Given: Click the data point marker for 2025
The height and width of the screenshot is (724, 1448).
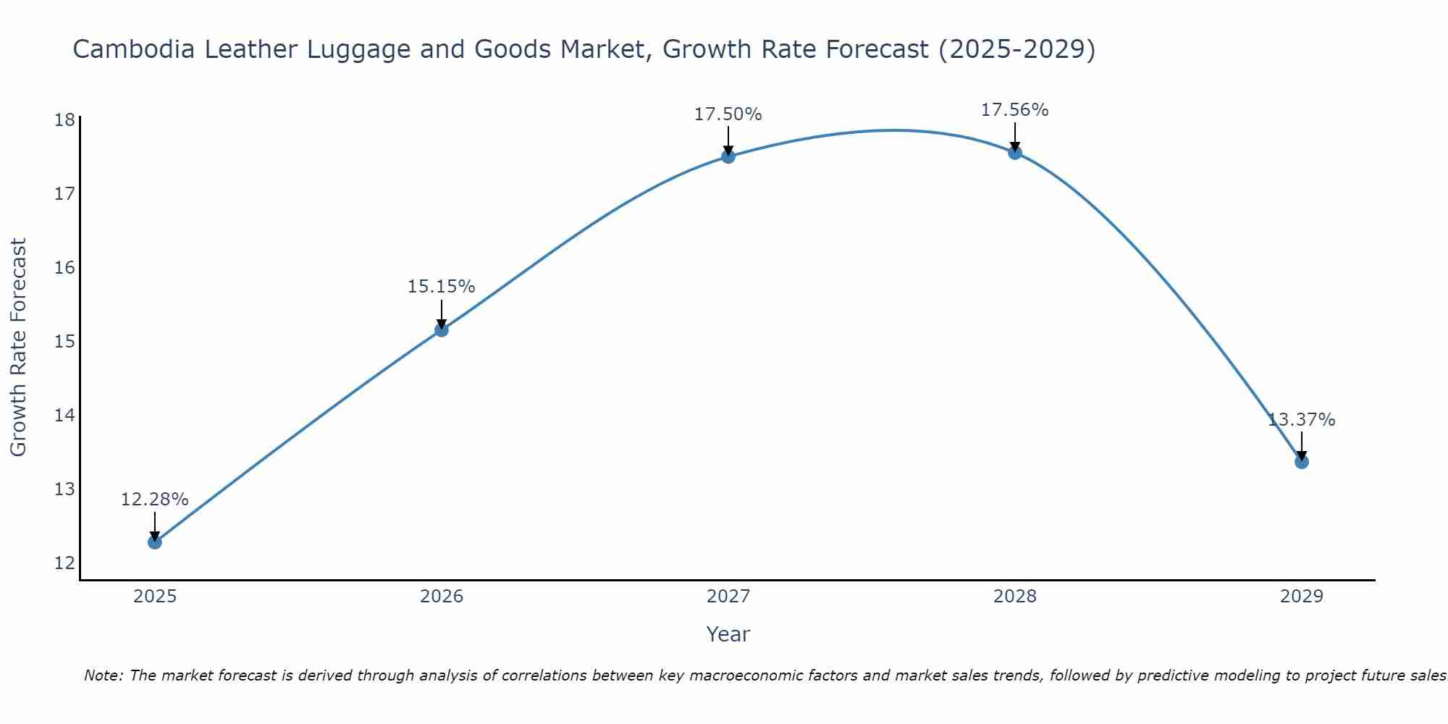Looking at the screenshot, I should click(x=154, y=542).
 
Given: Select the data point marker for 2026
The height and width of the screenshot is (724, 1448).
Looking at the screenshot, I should click(x=441, y=330).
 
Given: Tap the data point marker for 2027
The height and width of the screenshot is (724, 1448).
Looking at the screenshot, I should click(x=728, y=156).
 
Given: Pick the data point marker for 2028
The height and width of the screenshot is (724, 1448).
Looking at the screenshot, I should click(x=1015, y=152).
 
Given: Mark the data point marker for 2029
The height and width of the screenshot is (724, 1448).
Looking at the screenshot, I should click(x=1301, y=461).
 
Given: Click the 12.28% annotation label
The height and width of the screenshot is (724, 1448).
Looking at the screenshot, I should click(x=154, y=500).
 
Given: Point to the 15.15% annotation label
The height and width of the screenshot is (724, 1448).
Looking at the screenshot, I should click(x=441, y=287).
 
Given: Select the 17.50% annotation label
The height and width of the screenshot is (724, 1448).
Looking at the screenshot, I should click(x=728, y=114).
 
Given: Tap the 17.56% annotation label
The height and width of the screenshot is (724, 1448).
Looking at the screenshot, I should click(x=1015, y=110).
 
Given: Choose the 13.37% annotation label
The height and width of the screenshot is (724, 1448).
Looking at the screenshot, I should click(x=1301, y=420).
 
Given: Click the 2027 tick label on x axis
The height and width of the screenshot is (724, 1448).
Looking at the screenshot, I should click(x=728, y=597).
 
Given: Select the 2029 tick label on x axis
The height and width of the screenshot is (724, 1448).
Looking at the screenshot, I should click(x=1301, y=597).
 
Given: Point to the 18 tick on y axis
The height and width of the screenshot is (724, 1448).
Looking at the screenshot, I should click(x=64, y=119).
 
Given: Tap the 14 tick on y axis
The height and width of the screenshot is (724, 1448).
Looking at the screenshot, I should click(x=64, y=415).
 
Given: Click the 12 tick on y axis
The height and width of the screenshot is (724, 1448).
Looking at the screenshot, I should click(x=64, y=563).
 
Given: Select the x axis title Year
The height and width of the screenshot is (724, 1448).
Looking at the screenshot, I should click(x=728, y=634).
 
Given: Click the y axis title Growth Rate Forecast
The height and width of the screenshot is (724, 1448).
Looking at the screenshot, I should click(x=19, y=347).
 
